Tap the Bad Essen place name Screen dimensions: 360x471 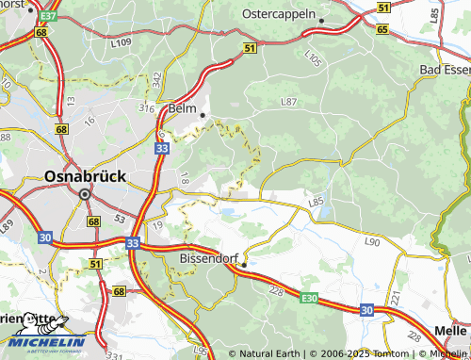(444, 71)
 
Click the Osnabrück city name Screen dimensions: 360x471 (85, 175)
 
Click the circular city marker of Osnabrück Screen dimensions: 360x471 (85, 194)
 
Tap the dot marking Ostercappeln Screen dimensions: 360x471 (321, 21)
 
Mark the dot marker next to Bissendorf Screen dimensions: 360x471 (243, 266)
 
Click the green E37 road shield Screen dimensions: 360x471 (49, 17)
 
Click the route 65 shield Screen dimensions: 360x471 (382, 30)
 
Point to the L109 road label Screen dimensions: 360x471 (119, 43)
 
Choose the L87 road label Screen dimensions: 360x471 (288, 101)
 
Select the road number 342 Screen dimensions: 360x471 (156, 80)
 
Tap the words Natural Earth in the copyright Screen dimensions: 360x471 (269, 353)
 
